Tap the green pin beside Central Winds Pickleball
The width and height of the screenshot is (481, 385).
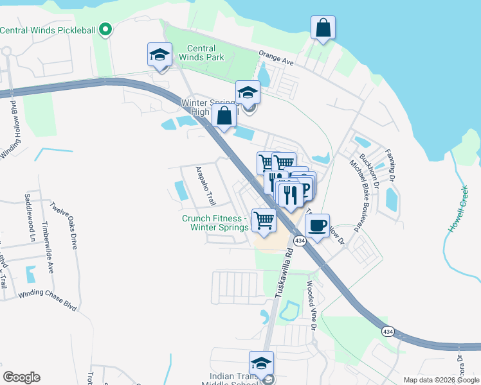pos(107,30)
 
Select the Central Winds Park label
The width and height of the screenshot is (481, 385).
pos(205,53)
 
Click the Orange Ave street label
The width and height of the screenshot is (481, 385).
pos(276,58)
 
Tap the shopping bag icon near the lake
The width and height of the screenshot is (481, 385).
pos(323,28)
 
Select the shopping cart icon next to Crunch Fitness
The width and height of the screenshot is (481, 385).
pos(264,220)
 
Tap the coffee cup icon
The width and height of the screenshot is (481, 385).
pos(317,226)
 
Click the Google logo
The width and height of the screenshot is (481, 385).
pos(22,377)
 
